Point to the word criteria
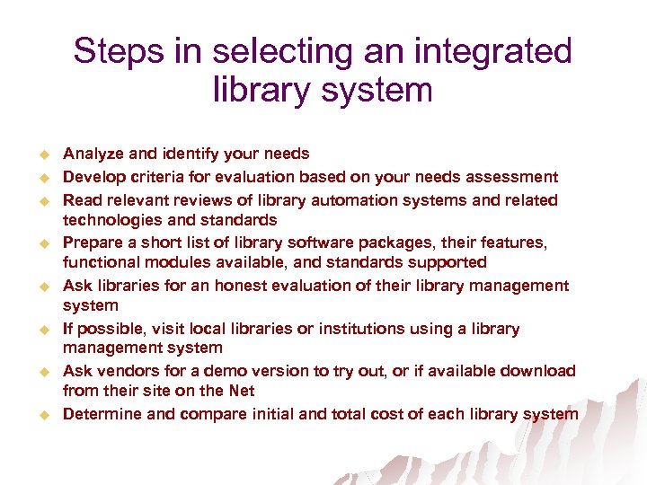pyautogui.click(x=154, y=177)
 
